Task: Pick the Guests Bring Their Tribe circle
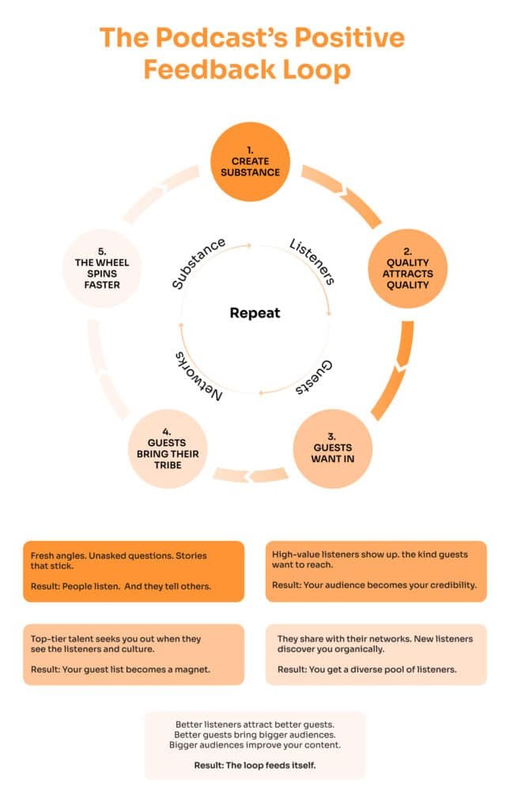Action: tap(167, 448)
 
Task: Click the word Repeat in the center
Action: tap(255, 312)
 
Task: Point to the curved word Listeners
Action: tap(312, 261)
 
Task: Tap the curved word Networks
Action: tap(197, 373)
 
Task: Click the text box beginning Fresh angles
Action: tap(133, 571)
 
